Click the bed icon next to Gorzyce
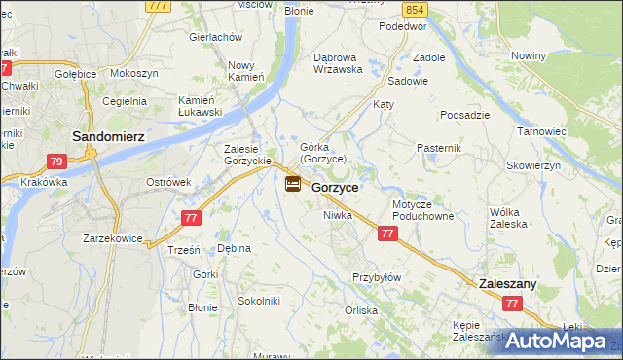click(293, 183)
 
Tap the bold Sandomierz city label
click(109, 137)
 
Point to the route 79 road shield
click(57, 162)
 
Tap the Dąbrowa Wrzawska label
click(338, 63)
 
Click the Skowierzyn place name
click(533, 166)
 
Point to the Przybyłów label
click(376, 277)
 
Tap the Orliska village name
click(360, 310)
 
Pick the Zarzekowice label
click(113, 238)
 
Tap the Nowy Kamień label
click(246, 71)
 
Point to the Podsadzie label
click(464, 115)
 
